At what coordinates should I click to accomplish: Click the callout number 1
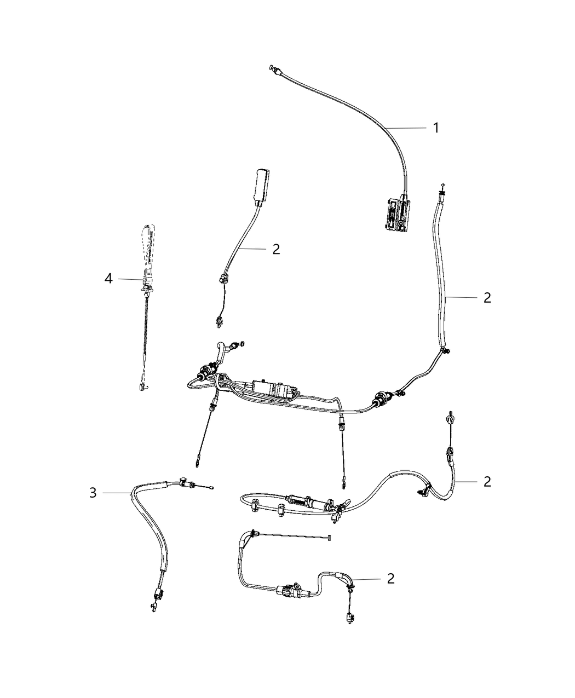pos(436,128)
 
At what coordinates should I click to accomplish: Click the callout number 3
pos(93,493)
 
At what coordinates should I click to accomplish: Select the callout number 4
pos(108,279)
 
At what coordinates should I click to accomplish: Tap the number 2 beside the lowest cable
pos(390,579)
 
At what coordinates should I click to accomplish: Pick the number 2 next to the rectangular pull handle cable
pos(276,249)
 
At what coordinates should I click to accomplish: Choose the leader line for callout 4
pos(129,279)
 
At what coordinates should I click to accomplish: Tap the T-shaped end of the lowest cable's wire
pos(331,539)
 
